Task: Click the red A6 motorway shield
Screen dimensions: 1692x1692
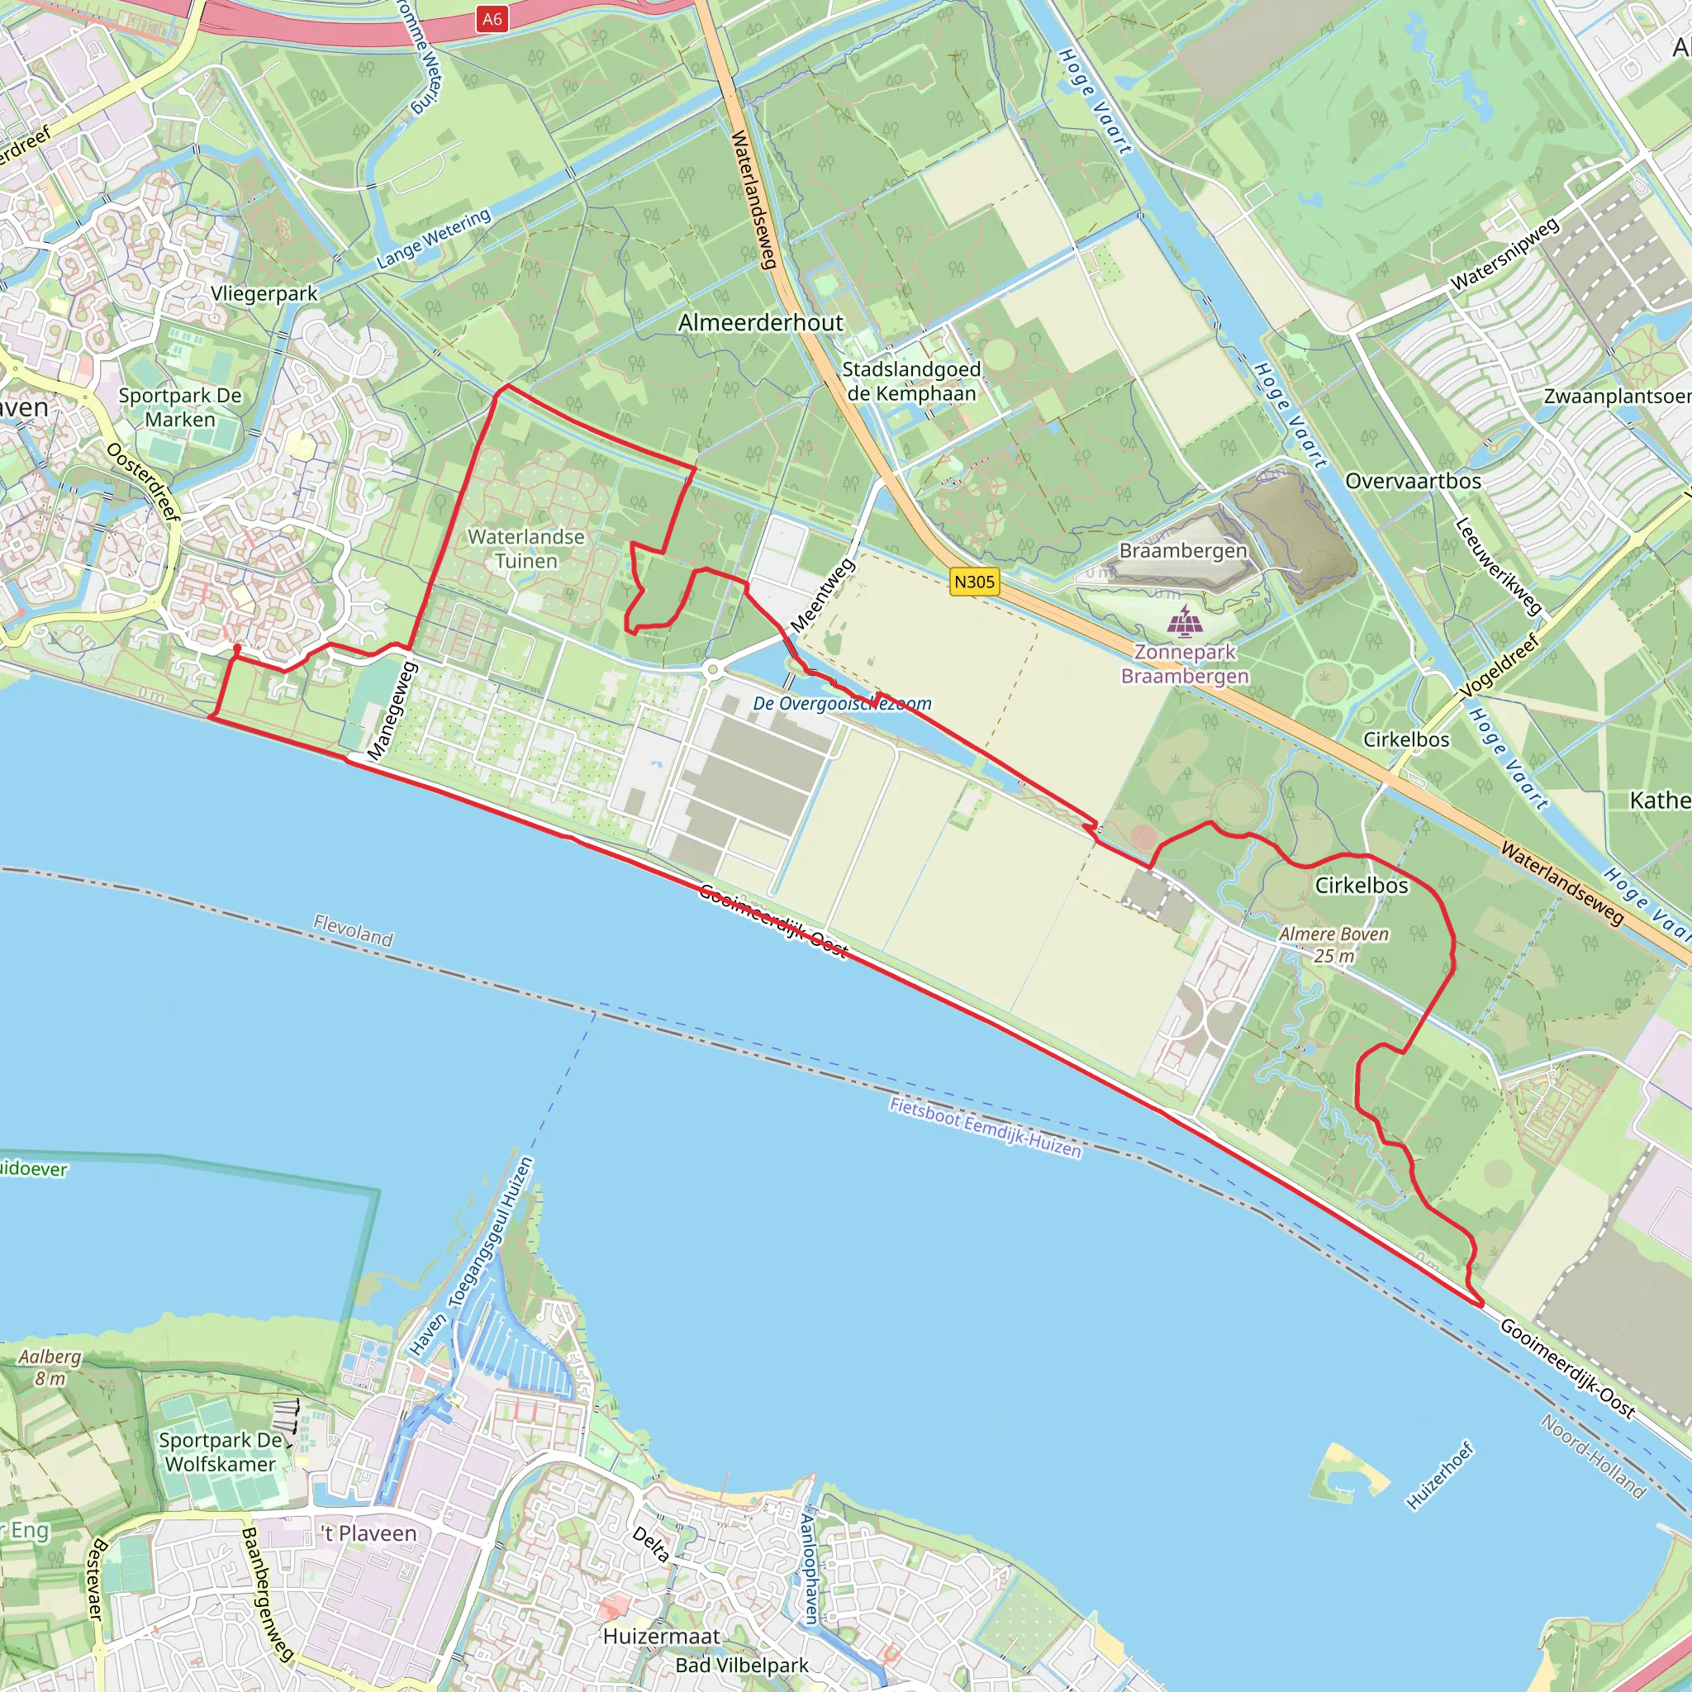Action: click(492, 18)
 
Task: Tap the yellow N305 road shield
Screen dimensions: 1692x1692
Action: click(974, 582)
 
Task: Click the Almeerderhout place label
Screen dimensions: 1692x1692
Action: click(760, 323)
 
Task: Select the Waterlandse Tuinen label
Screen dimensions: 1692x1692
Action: click(525, 549)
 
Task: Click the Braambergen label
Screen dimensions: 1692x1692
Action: click(1183, 551)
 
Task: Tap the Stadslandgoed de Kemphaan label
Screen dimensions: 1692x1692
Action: click(910, 382)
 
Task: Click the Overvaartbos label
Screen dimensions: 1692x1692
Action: click(1413, 482)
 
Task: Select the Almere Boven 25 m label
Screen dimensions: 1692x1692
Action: click(1333, 945)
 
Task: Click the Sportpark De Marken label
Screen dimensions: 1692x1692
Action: click(179, 407)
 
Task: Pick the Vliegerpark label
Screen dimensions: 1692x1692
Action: click(264, 294)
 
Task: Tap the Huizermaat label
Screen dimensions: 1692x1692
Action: click(661, 1636)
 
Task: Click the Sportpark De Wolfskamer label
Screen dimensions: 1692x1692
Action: click(221, 1452)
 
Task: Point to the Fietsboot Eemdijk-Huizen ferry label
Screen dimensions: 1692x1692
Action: click(986, 1127)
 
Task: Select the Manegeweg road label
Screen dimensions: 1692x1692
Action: click(392, 711)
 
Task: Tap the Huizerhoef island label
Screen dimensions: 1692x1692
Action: click(1440, 1476)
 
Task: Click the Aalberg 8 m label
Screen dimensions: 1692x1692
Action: click(50, 1367)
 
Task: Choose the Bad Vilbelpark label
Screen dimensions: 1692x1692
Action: click(742, 1665)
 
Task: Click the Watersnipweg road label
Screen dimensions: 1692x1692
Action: click(1505, 254)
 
